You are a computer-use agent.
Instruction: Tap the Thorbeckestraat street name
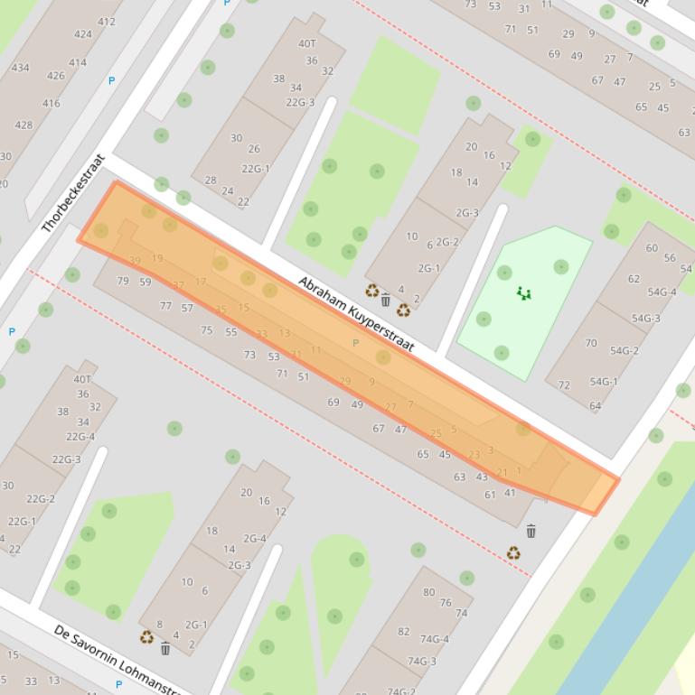click(74, 193)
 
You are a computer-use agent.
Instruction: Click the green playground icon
click(524, 292)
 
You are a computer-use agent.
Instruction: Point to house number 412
click(107, 22)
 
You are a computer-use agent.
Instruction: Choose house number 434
click(20, 68)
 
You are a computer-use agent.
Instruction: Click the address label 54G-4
click(662, 292)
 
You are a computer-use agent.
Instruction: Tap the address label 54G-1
click(603, 382)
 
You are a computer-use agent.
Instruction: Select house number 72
click(564, 385)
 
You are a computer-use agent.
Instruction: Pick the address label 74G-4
click(434, 639)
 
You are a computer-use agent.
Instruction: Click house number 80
click(428, 592)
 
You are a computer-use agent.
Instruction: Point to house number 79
click(123, 281)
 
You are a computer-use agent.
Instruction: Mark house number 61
click(490, 494)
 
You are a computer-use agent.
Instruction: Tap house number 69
click(333, 403)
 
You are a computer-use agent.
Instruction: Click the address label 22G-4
click(80, 437)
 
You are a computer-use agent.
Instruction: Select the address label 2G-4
click(255, 539)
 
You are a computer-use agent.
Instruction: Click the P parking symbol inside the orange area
click(355, 343)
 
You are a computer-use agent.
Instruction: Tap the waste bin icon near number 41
click(531, 531)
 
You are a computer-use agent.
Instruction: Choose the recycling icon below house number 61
click(513, 553)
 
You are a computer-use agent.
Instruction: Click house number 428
click(23, 125)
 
